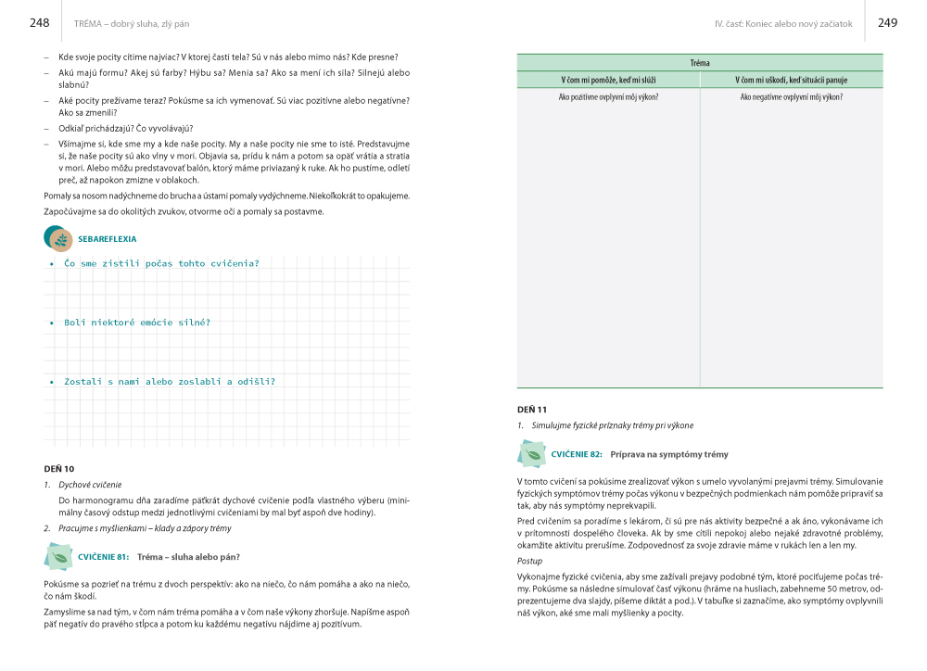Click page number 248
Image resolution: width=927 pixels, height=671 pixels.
[40, 22]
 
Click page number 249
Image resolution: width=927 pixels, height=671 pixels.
[887, 22]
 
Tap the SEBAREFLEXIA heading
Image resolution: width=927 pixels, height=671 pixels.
[108, 239]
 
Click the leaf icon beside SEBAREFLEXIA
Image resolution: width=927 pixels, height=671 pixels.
[60, 240]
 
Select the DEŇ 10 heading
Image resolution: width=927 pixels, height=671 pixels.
[59, 469]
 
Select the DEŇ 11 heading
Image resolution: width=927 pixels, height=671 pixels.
[532, 410]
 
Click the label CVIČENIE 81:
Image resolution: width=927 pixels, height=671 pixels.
[104, 556]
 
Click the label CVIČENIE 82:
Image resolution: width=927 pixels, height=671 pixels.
[577, 454]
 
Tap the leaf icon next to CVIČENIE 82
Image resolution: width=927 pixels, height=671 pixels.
[533, 454]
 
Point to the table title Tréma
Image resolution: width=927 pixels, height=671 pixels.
[700, 63]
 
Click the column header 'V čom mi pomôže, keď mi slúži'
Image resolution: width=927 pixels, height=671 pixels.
[608, 80]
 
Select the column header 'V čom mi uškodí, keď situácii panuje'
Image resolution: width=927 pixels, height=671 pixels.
[792, 80]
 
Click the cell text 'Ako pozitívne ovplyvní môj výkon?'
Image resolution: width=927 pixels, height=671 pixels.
[608, 96]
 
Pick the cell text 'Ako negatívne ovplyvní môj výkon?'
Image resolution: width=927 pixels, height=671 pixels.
[792, 96]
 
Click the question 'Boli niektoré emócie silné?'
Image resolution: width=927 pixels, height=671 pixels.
[137, 323]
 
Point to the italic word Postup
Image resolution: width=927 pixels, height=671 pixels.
[530, 562]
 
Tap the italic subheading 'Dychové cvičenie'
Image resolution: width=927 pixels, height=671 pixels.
[90, 485]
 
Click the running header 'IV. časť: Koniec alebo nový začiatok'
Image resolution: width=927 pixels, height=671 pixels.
[783, 23]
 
